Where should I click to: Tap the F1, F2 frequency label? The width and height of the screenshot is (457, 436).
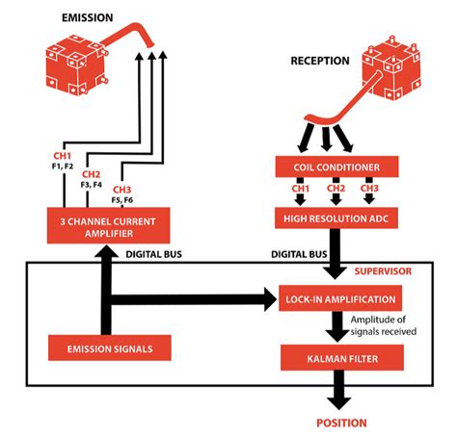click(x=63, y=165)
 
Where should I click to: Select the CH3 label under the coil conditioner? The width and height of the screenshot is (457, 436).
click(x=369, y=188)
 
